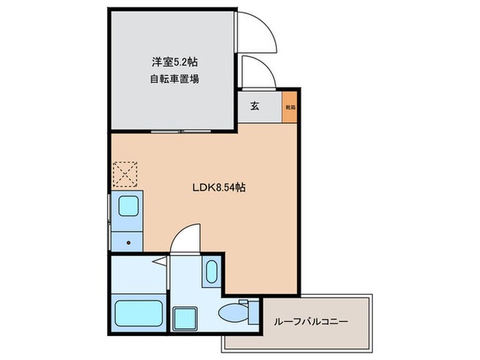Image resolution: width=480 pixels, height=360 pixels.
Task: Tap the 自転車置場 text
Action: [175, 78]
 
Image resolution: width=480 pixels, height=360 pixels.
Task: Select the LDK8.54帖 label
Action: [219, 186]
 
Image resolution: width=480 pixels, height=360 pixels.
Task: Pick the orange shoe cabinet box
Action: [291, 108]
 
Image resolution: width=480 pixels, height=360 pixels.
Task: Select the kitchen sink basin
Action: [128, 206]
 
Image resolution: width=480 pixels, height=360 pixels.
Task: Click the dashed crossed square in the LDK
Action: [125, 174]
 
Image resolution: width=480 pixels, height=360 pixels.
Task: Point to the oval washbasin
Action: [211, 272]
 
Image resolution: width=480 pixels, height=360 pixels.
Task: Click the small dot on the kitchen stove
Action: [130, 242]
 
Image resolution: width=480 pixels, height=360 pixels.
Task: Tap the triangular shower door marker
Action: [158, 261]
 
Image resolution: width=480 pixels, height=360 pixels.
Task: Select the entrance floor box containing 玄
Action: [261, 107]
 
